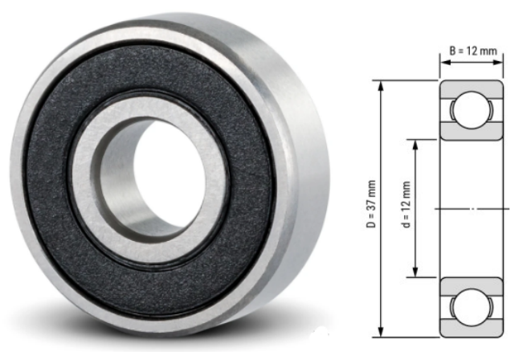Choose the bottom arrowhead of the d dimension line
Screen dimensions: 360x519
point(416,275)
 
